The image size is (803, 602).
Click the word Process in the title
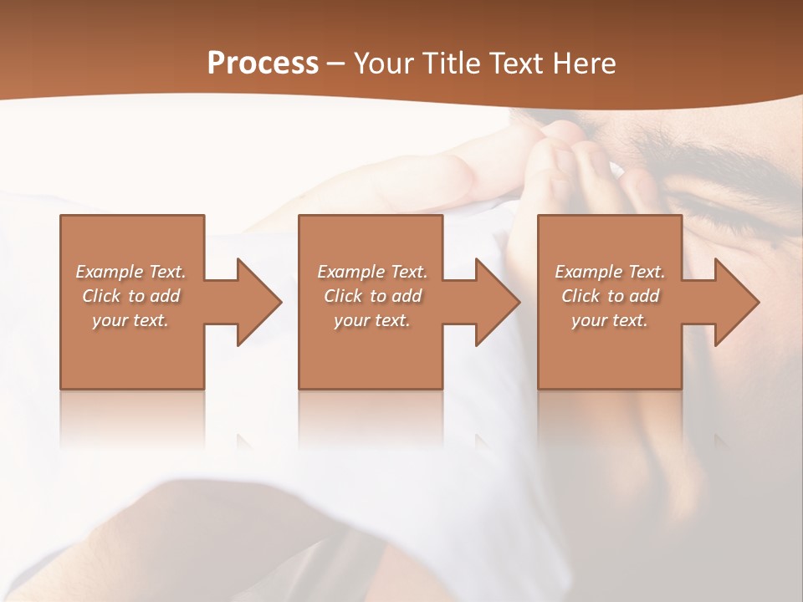tap(263, 64)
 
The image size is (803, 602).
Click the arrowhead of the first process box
tap(258, 302)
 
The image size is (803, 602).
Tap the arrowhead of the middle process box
tap(497, 302)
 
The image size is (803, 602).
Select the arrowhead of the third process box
tap(736, 302)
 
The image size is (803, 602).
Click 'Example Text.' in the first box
tap(131, 272)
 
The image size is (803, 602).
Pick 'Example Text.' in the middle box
tap(372, 272)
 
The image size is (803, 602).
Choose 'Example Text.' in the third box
tap(610, 272)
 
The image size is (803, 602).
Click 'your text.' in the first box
tap(130, 320)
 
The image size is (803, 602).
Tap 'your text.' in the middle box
tap(372, 320)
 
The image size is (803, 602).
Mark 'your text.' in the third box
tap(610, 320)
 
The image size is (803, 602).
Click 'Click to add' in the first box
tap(131, 296)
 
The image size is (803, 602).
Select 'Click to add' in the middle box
tap(372, 296)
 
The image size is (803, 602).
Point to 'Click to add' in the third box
tap(610, 296)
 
